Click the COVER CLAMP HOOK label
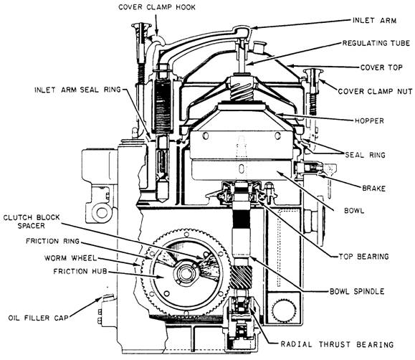pos(157,7)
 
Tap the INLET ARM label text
pos(375,20)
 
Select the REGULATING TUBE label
pos(376,43)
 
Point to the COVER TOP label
pos(381,67)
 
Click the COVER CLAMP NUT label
pos(375,91)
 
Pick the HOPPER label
pos(369,120)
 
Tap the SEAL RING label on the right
pos(365,155)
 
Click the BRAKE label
pos(373,189)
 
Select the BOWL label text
pos(354,211)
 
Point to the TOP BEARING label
pos(363,257)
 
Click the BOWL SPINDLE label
pos(357,291)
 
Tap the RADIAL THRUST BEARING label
pos(337,344)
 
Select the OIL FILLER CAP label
pos(39,318)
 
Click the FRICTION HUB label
pos(80,271)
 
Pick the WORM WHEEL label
pos(70,257)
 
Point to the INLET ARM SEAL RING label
pos(77,90)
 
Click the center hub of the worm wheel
pos(186,274)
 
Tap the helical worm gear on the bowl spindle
pos(241,277)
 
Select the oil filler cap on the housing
pos(108,297)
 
